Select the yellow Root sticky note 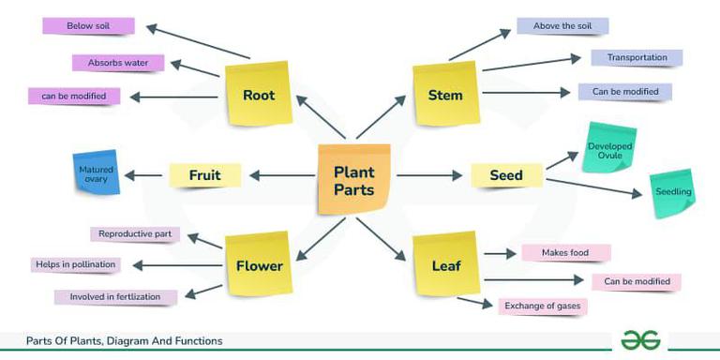(x=258, y=95)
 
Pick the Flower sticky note (x=258, y=265)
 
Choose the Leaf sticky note (x=445, y=265)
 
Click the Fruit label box (x=204, y=175)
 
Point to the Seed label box (x=506, y=175)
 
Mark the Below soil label (x=88, y=25)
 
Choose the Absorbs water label (x=118, y=63)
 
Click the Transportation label (x=637, y=57)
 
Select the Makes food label (x=565, y=252)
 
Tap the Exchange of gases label (x=543, y=306)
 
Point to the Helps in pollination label (x=76, y=264)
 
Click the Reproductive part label (x=134, y=233)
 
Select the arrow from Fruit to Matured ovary (x=143, y=175)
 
